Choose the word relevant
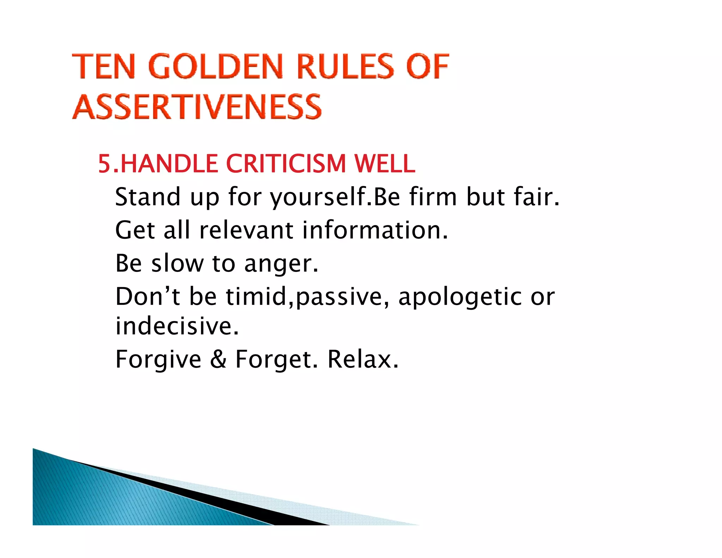(246, 230)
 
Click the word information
(375, 230)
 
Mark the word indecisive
(177, 326)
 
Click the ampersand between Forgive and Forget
(218, 359)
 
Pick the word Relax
(363, 359)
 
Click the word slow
(177, 263)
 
